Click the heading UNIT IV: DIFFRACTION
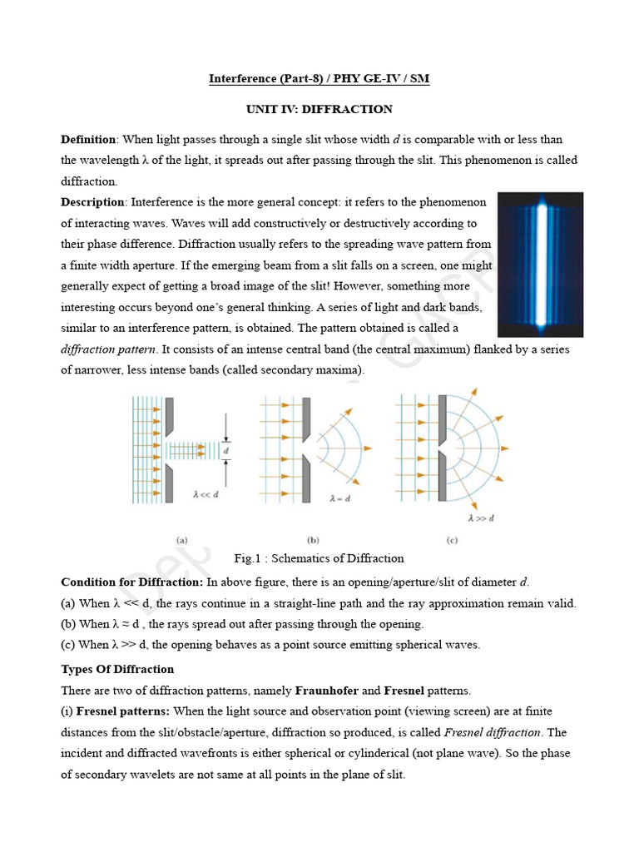[x=319, y=109]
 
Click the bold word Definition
[x=90, y=139]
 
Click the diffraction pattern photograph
[x=540, y=264]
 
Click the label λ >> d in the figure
[x=481, y=518]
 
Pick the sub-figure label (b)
[x=314, y=539]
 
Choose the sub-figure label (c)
[x=452, y=539]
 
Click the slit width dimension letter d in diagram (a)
[x=226, y=450]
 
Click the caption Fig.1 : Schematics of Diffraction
[x=319, y=558]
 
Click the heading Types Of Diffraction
[x=117, y=668]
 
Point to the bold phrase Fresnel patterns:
[x=123, y=711]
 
